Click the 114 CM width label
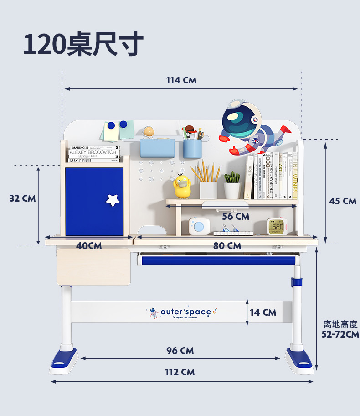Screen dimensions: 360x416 pyautogui.click(x=181, y=80)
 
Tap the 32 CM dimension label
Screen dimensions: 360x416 pyautogui.click(x=22, y=198)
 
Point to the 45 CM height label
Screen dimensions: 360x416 pyautogui.click(x=343, y=201)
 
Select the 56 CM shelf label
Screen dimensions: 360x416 pyautogui.click(x=236, y=216)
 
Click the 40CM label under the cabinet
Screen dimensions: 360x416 pyautogui.click(x=89, y=245)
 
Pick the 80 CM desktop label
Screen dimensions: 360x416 pyautogui.click(x=227, y=246)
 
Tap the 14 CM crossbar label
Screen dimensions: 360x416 pyautogui.click(x=263, y=312)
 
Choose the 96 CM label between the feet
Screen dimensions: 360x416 pyautogui.click(x=180, y=350)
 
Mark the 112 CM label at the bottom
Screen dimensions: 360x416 pyautogui.click(x=180, y=372)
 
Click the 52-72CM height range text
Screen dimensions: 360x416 pyautogui.click(x=340, y=334)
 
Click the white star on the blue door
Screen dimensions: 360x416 pyautogui.click(x=113, y=199)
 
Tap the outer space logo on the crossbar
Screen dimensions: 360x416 pyautogui.click(x=182, y=312)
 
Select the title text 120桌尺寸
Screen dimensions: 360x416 pyautogui.click(x=83, y=44)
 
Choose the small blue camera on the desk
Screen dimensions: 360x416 pyautogui.click(x=199, y=226)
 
